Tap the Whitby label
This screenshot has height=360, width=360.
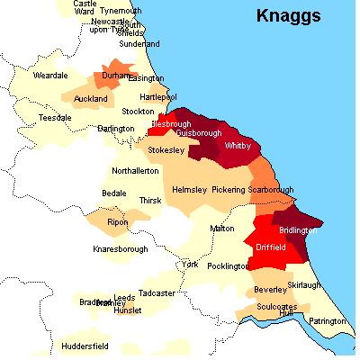pos(238,145)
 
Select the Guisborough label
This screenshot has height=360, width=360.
pos(187,132)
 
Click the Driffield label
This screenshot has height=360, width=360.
pos(271,246)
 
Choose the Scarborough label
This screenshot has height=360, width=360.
pos(272,190)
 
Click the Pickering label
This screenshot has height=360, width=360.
pos(229,190)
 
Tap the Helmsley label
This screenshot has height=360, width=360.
pos(189,190)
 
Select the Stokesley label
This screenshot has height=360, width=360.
pos(168,151)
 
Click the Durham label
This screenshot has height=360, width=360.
pos(116,78)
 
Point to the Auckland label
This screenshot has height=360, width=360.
pos(91,98)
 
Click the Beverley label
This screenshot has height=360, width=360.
pos(269,290)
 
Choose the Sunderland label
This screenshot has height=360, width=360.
pos(139,43)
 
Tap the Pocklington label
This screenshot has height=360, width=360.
pos(225,266)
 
